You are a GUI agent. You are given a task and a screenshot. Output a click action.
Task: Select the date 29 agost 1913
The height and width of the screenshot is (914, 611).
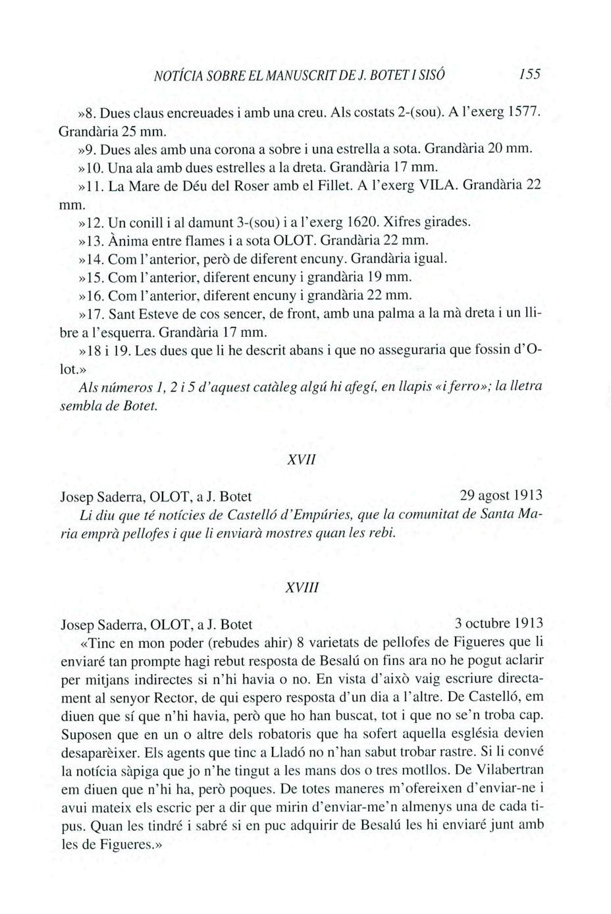pyautogui.click(x=501, y=495)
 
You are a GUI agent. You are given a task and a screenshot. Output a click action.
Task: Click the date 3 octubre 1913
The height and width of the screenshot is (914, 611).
pyautogui.click(x=498, y=623)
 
